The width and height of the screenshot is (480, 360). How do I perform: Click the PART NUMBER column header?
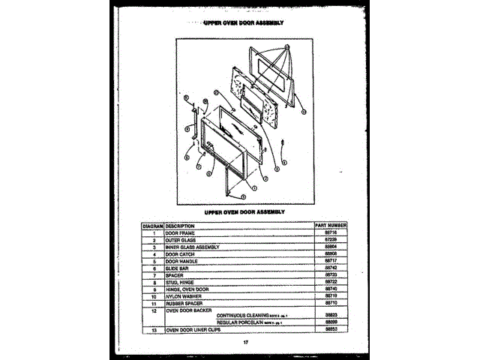pyautogui.click(x=330, y=225)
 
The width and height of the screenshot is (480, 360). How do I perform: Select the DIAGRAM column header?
pyautogui.click(x=152, y=225)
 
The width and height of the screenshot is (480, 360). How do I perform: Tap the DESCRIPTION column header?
pyautogui.click(x=181, y=225)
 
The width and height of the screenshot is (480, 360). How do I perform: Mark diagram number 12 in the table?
pyautogui.click(x=152, y=310)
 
